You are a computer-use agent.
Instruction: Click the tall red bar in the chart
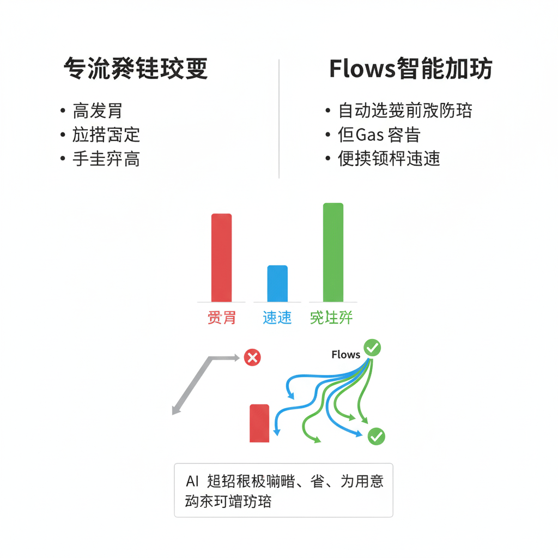[x=221, y=257]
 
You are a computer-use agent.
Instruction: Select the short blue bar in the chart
[x=277, y=283]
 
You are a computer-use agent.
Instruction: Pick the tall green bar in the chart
[x=333, y=252]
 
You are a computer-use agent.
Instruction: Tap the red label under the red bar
[x=221, y=317]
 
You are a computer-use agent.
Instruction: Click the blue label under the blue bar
[x=277, y=317]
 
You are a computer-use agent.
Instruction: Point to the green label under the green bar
[x=331, y=317]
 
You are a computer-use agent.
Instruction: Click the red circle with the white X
[x=252, y=357]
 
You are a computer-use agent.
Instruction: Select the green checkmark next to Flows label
[x=372, y=347]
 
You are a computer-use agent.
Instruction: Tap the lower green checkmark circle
[x=376, y=435]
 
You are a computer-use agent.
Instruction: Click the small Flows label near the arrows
[x=345, y=355]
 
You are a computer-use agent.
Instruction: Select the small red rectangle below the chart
[x=259, y=423]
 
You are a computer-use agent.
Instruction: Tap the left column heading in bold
[x=135, y=70]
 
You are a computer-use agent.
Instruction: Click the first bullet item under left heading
[x=98, y=111]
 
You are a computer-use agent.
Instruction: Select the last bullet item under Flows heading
[x=389, y=159]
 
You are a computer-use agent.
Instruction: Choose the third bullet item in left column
[x=106, y=159]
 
